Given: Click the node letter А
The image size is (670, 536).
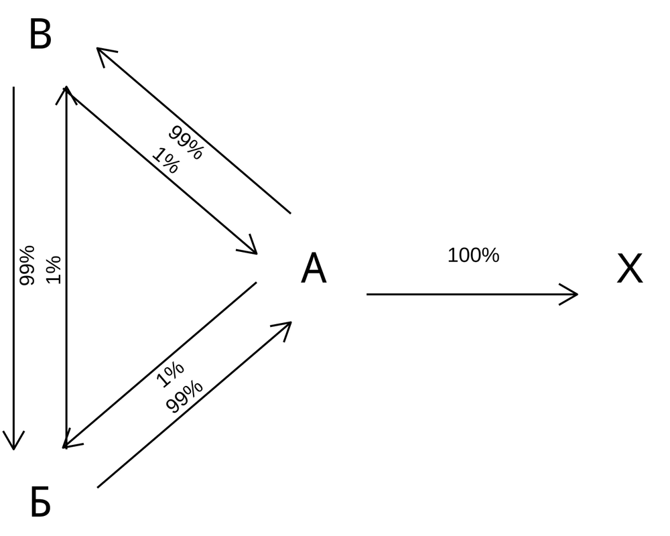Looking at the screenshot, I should tap(314, 269).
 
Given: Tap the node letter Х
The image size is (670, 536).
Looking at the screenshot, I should tap(629, 269).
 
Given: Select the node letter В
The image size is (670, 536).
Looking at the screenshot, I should tap(40, 35).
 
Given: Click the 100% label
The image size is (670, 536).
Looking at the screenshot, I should tap(473, 255).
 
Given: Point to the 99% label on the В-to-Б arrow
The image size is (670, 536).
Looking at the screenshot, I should tap(27, 265).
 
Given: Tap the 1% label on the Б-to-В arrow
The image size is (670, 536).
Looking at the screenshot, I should tap(54, 269).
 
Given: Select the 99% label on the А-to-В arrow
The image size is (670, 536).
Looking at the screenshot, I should tap(185, 143).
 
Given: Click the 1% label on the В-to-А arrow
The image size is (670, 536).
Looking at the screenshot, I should tap(165, 161).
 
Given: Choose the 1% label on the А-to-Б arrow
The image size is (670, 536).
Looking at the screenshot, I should tap(170, 375).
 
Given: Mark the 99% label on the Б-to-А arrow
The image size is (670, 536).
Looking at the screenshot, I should tap(184, 397).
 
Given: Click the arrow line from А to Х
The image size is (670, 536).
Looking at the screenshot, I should tap(469, 294).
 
